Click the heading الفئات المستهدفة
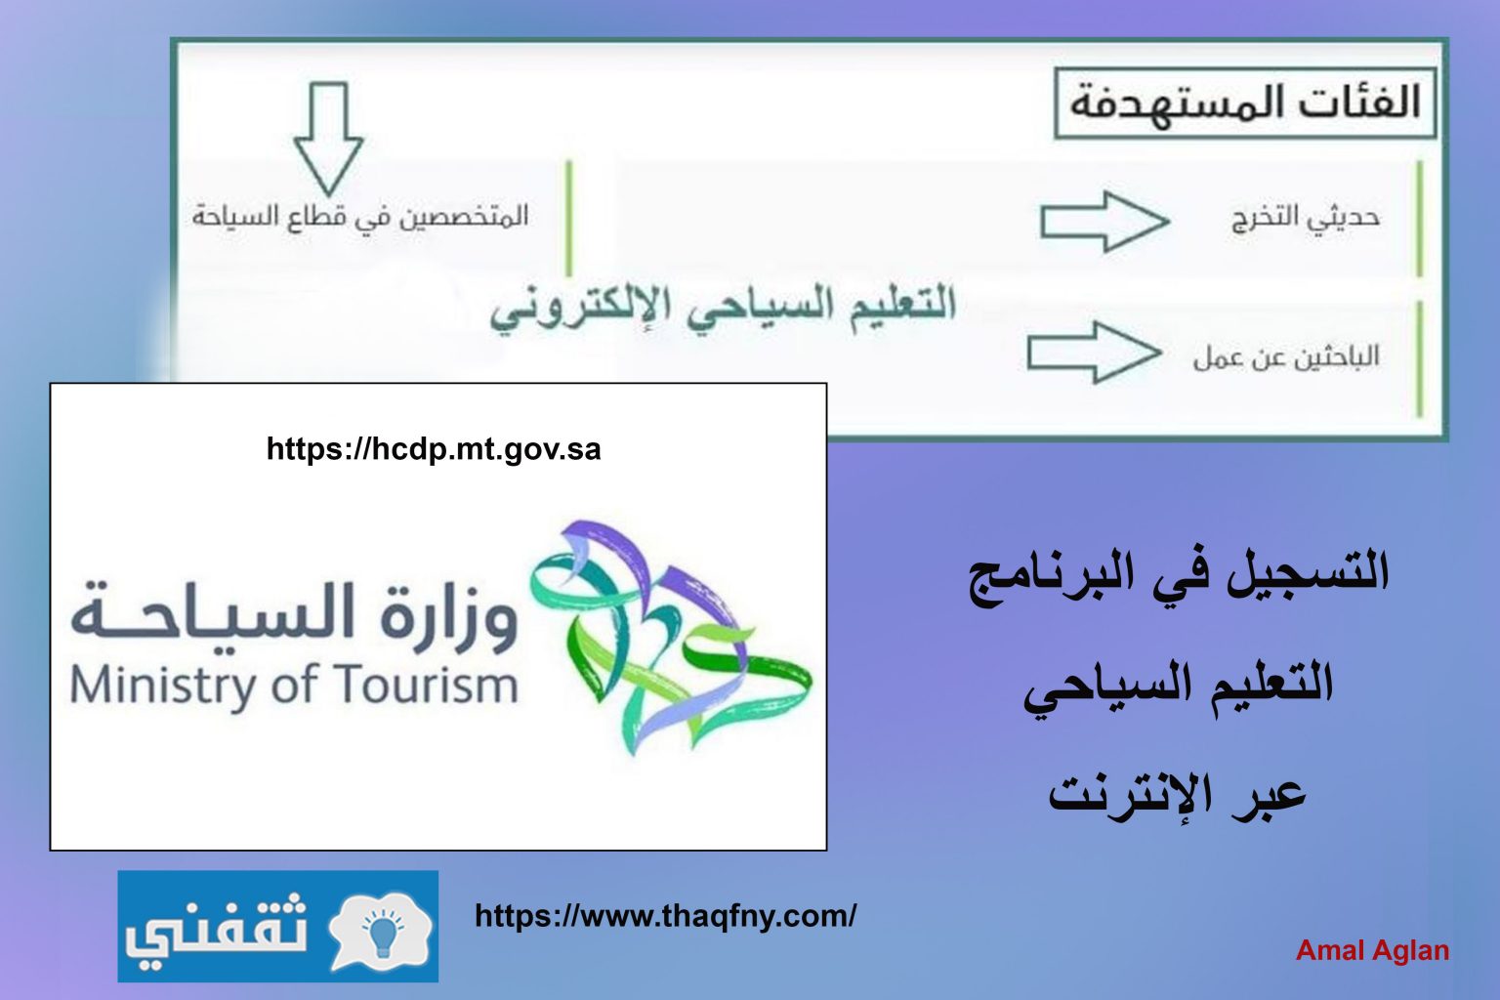click(1245, 104)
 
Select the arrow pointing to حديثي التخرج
click(1104, 222)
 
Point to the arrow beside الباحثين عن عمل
click(1094, 353)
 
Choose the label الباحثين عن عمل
click(1286, 356)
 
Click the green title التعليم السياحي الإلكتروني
click(723, 310)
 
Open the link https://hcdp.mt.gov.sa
click(434, 449)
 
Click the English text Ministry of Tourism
click(295, 686)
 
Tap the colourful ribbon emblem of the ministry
click(671, 637)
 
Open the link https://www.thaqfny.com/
click(665, 915)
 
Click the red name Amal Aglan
click(1372, 950)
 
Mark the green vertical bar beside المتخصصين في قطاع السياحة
click(568, 219)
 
